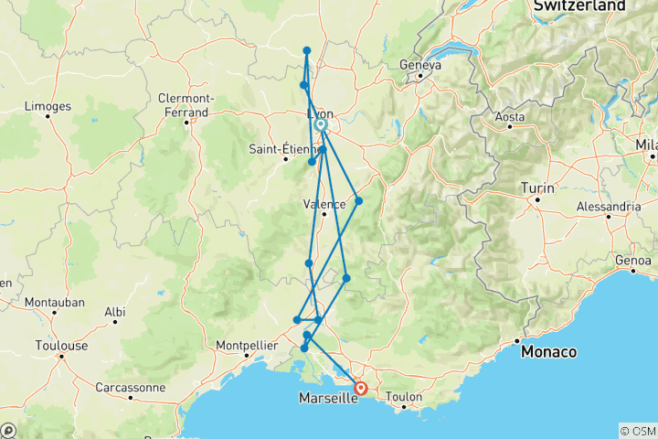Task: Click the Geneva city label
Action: click(x=421, y=65)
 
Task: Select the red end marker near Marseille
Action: click(x=362, y=388)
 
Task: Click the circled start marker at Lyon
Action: click(x=321, y=124)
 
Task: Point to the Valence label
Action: click(x=324, y=205)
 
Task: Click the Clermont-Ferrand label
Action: click(x=186, y=104)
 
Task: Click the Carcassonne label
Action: click(x=130, y=387)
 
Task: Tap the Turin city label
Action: click(x=537, y=187)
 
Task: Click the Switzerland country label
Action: click(x=579, y=6)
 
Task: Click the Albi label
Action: click(x=114, y=312)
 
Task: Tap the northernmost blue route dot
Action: click(x=307, y=50)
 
